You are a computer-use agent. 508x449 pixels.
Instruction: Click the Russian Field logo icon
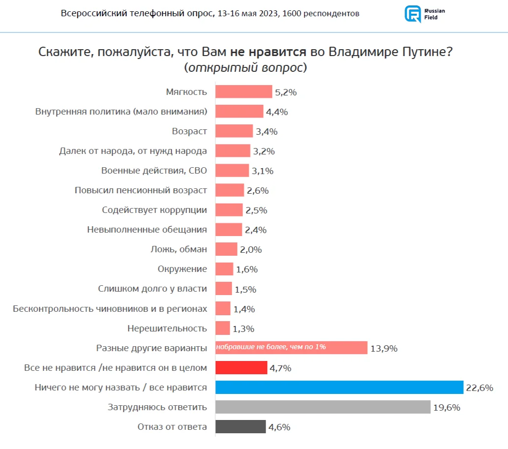412,14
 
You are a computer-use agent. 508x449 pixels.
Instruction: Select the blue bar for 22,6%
339,388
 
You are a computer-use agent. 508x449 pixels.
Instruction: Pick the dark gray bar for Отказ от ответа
240,427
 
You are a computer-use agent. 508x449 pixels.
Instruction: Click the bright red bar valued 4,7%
241,368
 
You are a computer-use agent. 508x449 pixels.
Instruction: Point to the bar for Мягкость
243,92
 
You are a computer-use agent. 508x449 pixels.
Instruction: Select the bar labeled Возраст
234,131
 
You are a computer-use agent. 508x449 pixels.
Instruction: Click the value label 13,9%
384,348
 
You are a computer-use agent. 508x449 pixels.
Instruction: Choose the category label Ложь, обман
179,249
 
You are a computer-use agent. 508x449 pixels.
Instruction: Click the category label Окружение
182,269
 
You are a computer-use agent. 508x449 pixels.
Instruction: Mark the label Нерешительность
167,328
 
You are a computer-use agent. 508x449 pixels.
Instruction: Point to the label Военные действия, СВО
154,171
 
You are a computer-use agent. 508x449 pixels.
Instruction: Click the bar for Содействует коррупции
229,210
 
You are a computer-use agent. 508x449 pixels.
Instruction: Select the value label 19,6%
447,407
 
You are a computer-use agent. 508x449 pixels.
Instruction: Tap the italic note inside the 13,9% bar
271,347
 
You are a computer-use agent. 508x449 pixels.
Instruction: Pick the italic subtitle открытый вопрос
246,68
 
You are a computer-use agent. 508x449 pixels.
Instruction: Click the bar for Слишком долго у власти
224,289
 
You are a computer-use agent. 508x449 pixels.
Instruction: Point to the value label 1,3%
243,329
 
